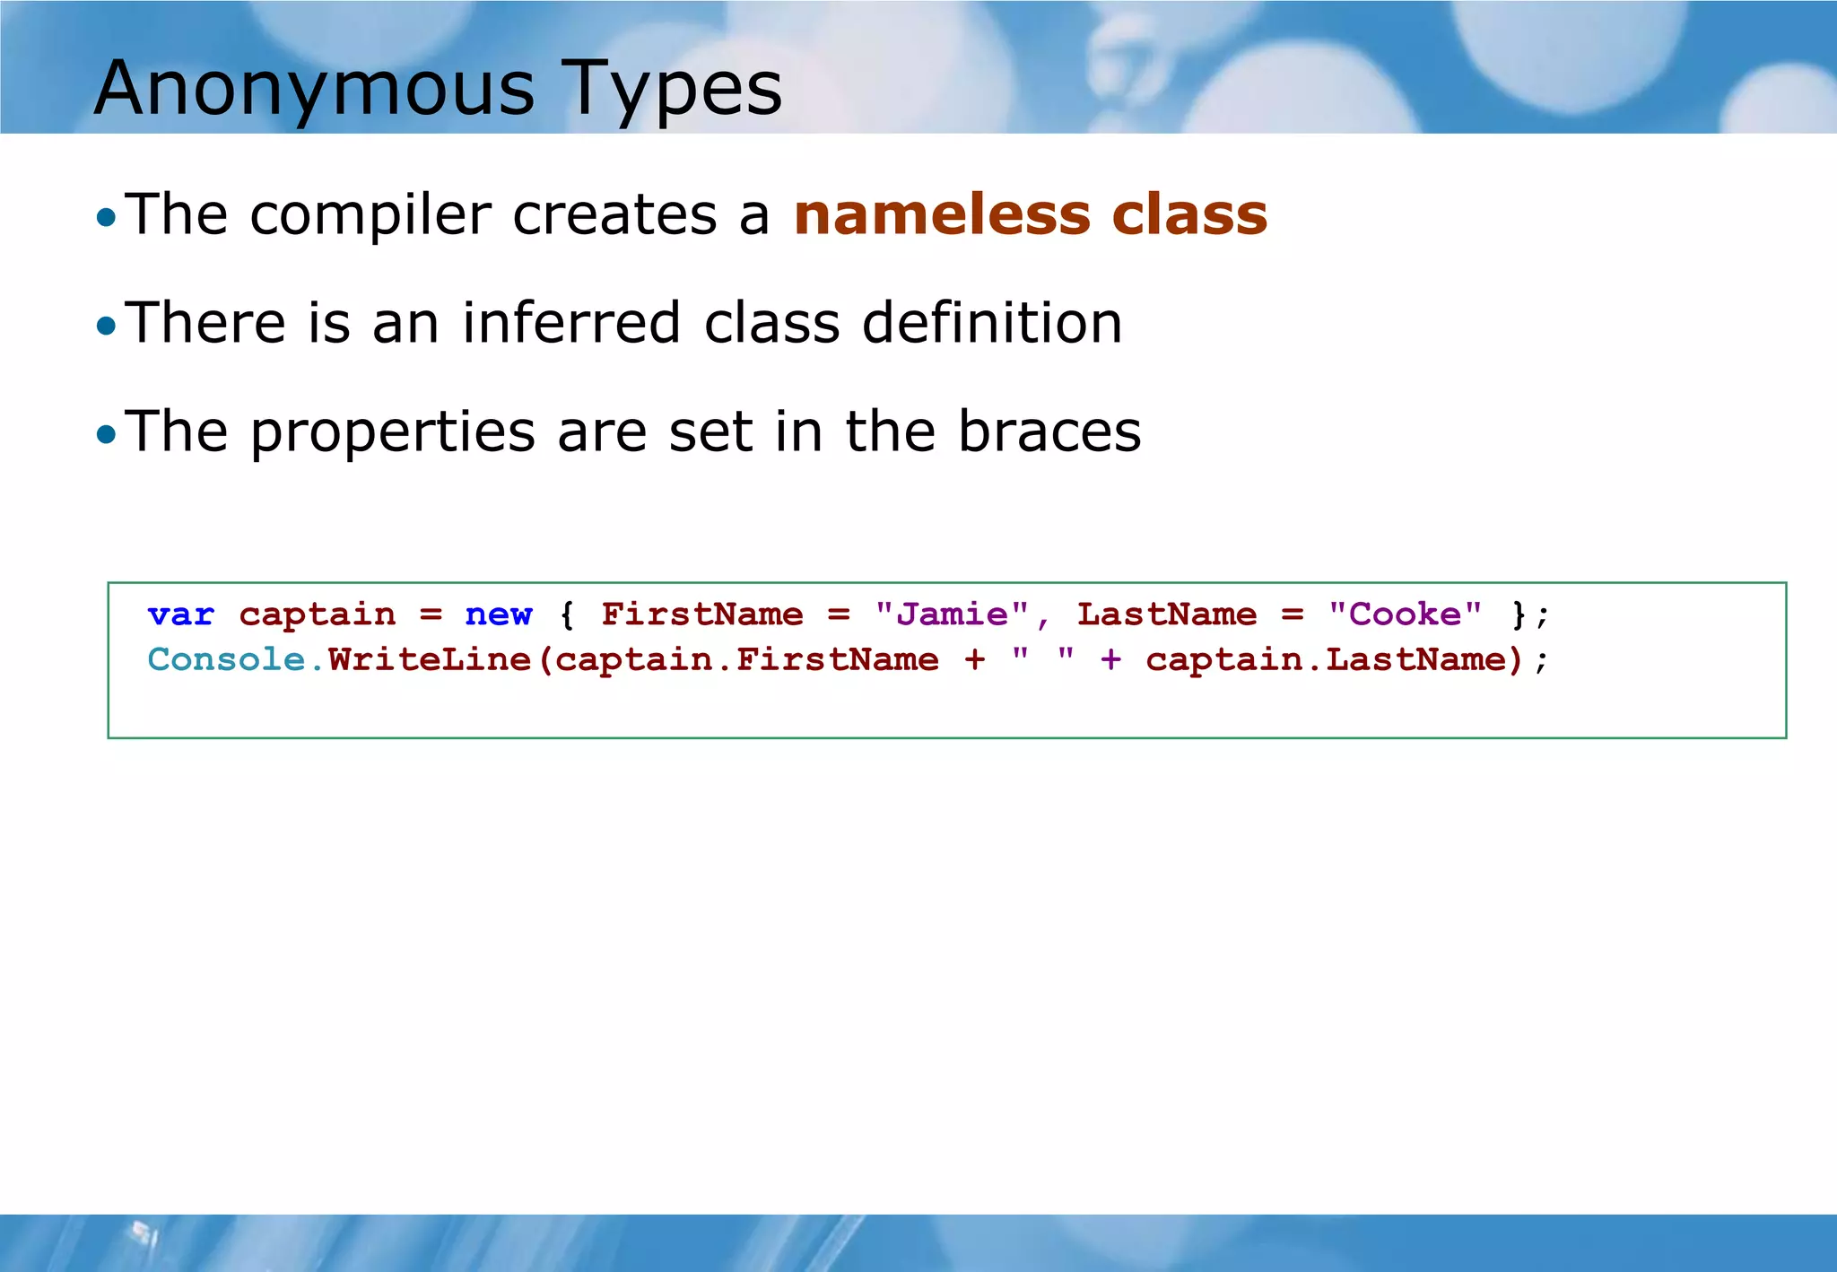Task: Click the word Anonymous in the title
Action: coord(314,88)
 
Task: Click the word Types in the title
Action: coord(674,88)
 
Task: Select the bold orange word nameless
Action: coord(941,214)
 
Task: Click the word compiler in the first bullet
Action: coord(370,215)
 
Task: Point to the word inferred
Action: coord(571,322)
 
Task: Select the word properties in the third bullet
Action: coord(392,432)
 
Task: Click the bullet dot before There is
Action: coord(106,326)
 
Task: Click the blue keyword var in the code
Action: coord(181,614)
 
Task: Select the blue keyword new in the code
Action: coord(498,614)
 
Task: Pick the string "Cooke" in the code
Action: coord(1405,614)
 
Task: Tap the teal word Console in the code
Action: coord(226,660)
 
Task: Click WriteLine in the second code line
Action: coord(430,660)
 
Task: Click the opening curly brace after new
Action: coord(566,614)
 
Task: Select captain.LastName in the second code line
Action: coord(1326,660)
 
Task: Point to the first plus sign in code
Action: coord(975,660)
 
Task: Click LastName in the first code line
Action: coord(1166,614)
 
